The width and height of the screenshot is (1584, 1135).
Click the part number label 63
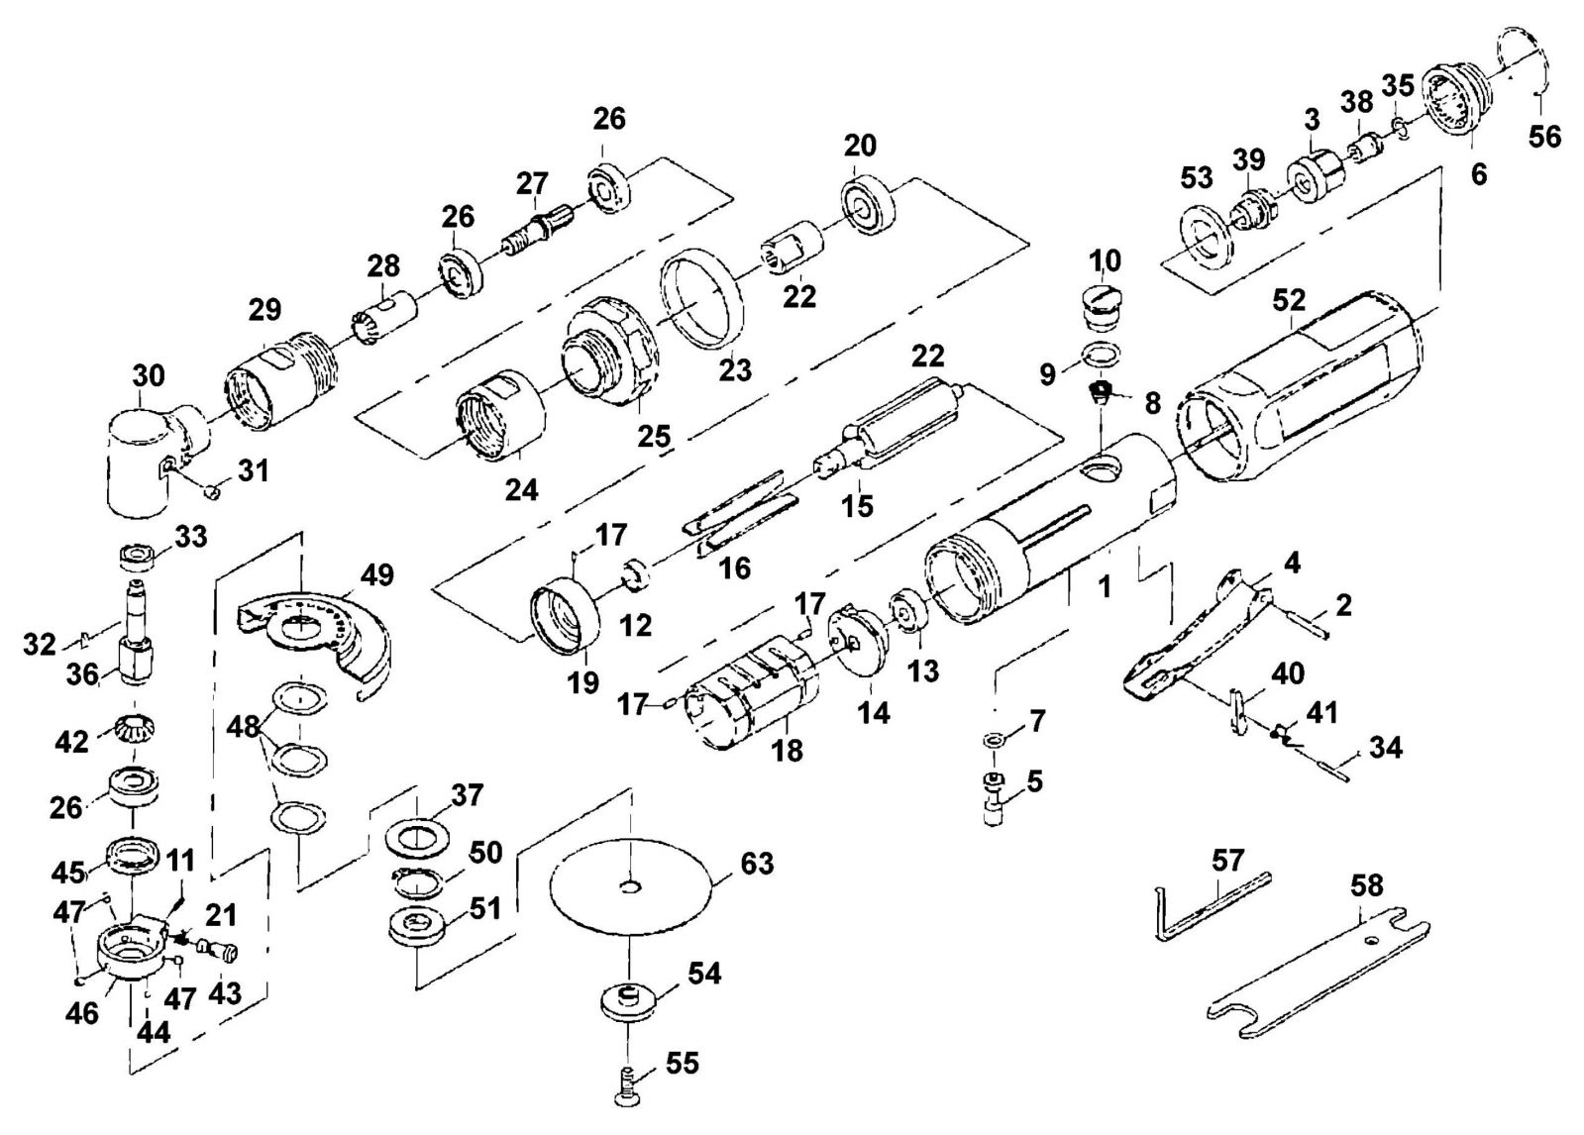coord(757,864)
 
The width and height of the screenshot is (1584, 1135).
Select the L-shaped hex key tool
coord(1213,908)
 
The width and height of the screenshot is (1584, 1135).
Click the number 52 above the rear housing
coord(1289,300)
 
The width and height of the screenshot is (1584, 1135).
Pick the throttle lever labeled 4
coord(1195,637)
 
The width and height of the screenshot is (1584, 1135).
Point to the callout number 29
coord(264,309)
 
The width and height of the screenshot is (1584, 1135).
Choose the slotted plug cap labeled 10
coord(1101,308)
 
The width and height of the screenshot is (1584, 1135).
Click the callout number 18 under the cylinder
coord(789,751)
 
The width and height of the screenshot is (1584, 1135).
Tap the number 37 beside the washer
coord(468,795)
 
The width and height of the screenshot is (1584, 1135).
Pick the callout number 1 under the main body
coord(1105,586)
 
